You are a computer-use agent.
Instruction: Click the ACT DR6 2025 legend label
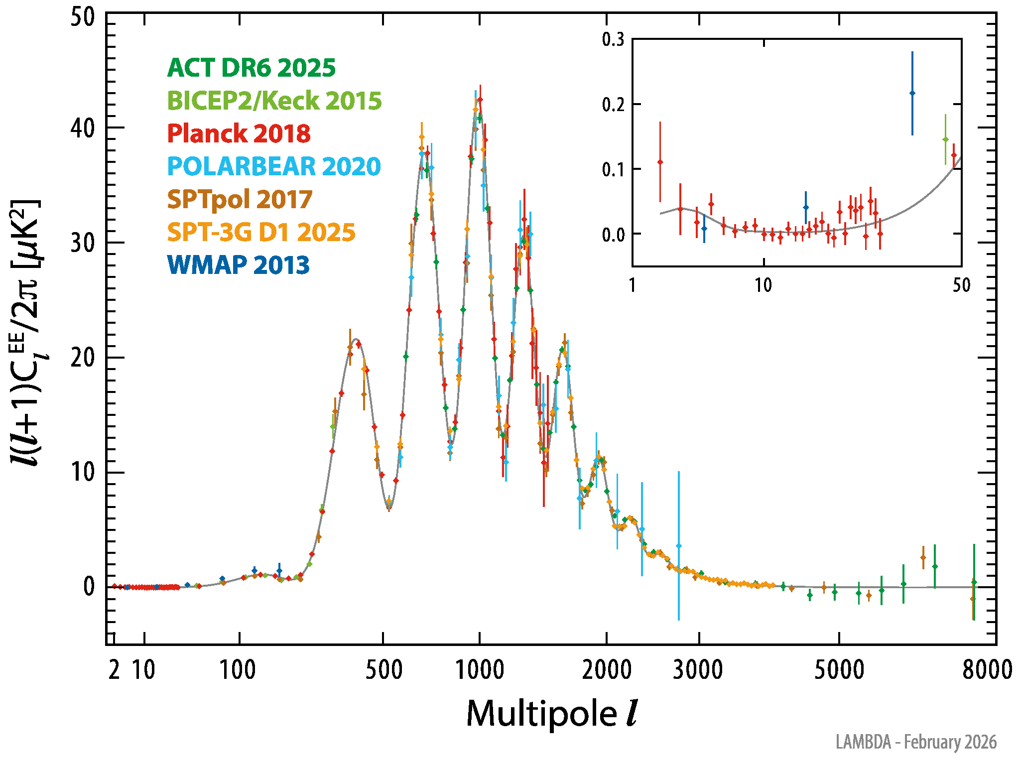click(x=252, y=68)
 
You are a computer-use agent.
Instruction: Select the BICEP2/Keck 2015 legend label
click(x=274, y=101)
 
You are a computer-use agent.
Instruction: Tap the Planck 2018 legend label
click(x=239, y=133)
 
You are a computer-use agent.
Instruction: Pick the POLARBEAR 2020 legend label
click(x=274, y=166)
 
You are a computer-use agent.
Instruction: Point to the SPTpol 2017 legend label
click(x=240, y=199)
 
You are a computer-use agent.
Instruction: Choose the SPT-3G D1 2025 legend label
click(x=261, y=232)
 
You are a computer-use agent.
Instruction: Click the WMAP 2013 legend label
click(x=239, y=265)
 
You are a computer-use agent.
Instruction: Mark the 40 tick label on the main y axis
click(x=83, y=128)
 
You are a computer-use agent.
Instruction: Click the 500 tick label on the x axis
click(x=383, y=670)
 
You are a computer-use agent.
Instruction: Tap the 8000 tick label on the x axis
click(x=987, y=670)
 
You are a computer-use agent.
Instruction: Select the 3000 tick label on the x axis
click(x=698, y=670)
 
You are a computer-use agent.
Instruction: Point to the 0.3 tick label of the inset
click(x=613, y=39)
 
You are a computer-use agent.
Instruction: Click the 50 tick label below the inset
click(x=962, y=285)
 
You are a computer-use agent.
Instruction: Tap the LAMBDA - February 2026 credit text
click(x=916, y=742)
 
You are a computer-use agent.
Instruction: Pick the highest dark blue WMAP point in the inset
click(x=912, y=93)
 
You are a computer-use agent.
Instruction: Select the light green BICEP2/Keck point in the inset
click(x=945, y=139)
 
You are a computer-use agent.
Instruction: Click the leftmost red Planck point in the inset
click(x=660, y=162)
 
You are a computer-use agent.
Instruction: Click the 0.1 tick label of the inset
click(x=613, y=169)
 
